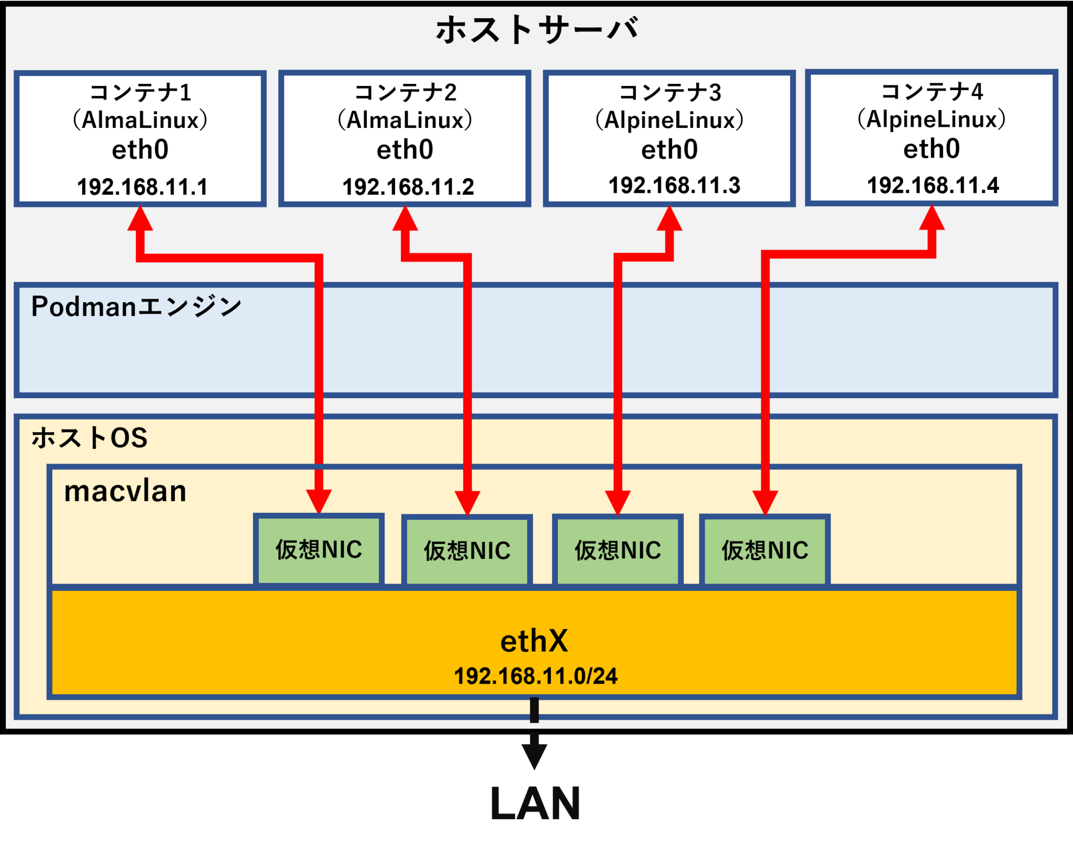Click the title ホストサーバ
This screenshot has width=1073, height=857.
pos(536,30)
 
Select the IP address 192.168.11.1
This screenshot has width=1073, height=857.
pos(143,187)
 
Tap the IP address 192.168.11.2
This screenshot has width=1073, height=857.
pos(408,187)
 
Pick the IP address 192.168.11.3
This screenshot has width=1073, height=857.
pos(674,185)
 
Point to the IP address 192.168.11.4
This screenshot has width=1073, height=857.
pos(933,185)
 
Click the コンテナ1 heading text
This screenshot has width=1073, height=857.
pos(140,93)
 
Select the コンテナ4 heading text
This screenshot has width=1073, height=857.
pos(932,92)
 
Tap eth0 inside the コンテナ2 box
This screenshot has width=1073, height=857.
pos(405,150)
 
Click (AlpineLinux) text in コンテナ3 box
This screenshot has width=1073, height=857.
pos(670,120)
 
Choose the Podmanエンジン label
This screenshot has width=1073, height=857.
pos(136,306)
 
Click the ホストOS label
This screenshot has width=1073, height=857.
pos(90,437)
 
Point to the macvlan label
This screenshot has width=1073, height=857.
pos(125,491)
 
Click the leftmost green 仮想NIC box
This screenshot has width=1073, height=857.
pos(319,550)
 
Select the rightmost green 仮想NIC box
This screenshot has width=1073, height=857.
pos(765,551)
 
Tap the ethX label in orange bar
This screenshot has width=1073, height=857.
pos(534,641)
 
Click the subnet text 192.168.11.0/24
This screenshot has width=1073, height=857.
pos(535,676)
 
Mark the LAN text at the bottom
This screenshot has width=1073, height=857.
pos(535,803)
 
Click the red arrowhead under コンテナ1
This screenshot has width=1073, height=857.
pos(140,219)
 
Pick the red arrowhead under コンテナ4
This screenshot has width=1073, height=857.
pos(932,218)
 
